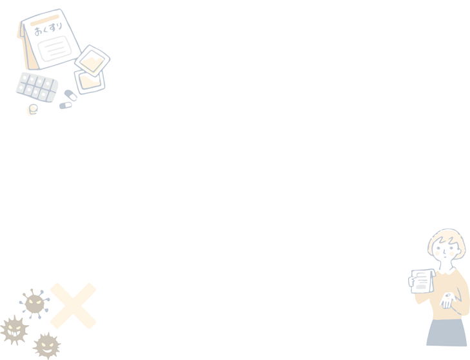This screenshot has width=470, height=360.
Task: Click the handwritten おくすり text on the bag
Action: pyautogui.click(x=48, y=29)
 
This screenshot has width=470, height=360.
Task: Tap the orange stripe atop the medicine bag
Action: pyautogui.click(x=44, y=20)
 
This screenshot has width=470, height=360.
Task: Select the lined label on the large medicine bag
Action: pyautogui.click(x=55, y=48)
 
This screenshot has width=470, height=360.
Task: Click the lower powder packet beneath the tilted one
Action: pyautogui.click(x=90, y=82)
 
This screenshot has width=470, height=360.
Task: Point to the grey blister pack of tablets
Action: pyautogui.click(x=37, y=87)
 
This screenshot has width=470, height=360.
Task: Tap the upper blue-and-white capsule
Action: pyautogui.click(x=71, y=95)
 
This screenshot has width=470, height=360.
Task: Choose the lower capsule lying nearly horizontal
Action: pyautogui.click(x=66, y=105)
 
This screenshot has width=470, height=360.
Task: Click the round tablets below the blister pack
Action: pyautogui.click(x=33, y=110)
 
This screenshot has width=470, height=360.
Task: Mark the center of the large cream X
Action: pyautogui.click(x=73, y=306)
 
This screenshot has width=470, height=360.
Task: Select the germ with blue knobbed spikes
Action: pyautogui.click(x=34, y=304)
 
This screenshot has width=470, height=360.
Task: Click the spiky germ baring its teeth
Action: pyautogui.click(x=14, y=330)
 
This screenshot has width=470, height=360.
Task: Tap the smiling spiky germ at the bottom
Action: pyautogui.click(x=47, y=346)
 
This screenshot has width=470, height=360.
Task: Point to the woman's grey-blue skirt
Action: pyautogui.click(x=447, y=333)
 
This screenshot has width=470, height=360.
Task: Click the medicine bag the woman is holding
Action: pyautogui.click(x=422, y=281)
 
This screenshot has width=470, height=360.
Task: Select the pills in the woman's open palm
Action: pyautogui.click(x=447, y=296)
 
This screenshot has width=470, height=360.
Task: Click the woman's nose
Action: pyautogui.click(x=444, y=252)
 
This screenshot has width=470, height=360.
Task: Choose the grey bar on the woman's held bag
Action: pyautogui.click(x=421, y=287)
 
